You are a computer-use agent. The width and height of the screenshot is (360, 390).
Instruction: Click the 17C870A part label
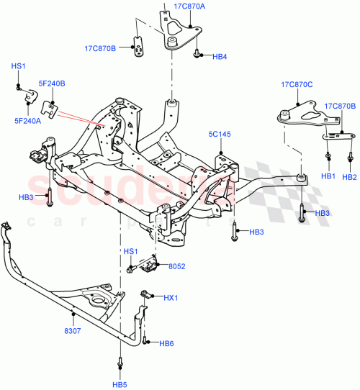189,6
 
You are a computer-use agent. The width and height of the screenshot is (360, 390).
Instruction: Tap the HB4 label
220,55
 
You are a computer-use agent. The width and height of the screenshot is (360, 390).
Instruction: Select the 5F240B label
52,84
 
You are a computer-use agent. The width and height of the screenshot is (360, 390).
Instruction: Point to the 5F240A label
27,122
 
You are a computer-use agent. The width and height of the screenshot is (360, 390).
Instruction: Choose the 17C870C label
297,85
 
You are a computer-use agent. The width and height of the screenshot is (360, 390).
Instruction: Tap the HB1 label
328,176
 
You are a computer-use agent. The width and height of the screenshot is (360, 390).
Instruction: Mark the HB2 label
350,176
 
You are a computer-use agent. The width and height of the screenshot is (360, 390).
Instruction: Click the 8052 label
177,266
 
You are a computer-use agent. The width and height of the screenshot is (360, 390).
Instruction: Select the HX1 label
170,297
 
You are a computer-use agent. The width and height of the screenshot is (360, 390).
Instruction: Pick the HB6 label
167,343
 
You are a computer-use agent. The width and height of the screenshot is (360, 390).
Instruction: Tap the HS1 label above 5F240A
19,66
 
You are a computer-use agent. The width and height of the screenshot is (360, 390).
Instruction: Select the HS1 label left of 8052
130,252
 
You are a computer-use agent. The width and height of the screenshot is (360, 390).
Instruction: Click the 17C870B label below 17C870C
340,106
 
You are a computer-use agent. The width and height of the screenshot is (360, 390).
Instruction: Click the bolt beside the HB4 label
197,53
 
